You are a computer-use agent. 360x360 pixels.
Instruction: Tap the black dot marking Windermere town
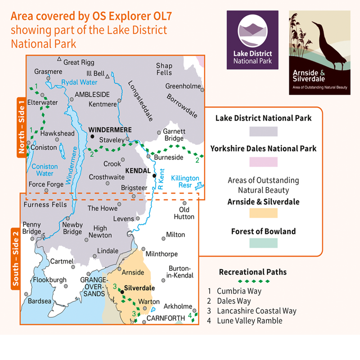(x=92, y=136)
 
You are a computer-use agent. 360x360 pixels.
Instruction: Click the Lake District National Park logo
(x=252, y=40)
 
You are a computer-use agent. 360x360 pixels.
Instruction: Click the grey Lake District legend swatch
(x=263, y=131)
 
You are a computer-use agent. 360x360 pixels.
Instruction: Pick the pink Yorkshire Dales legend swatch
(x=263, y=162)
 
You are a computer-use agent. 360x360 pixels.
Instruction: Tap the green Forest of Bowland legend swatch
(x=263, y=243)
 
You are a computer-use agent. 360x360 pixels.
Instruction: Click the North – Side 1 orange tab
(x=21, y=127)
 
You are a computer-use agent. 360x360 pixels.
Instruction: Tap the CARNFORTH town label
(x=166, y=319)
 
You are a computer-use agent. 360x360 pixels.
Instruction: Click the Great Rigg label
(x=78, y=62)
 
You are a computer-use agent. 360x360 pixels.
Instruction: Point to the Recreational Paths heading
(x=252, y=272)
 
